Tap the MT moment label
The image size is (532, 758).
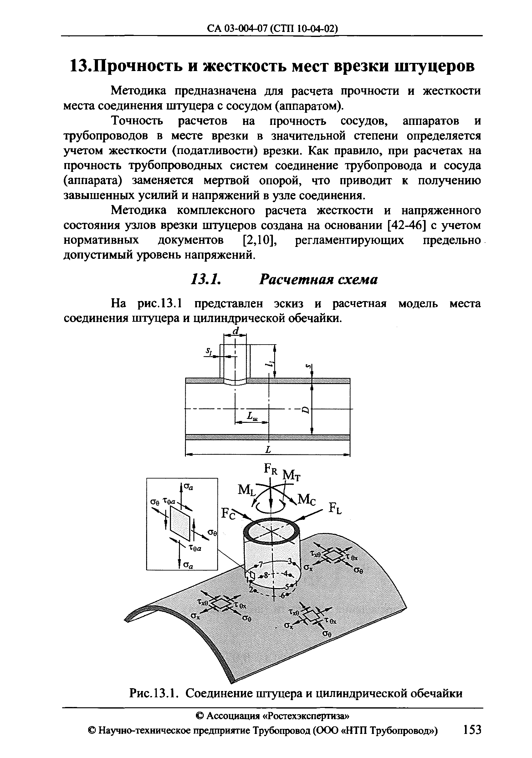click(x=292, y=476)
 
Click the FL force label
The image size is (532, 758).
click(x=335, y=509)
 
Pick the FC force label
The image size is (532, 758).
click(x=228, y=514)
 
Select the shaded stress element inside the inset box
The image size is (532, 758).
click(x=180, y=523)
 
